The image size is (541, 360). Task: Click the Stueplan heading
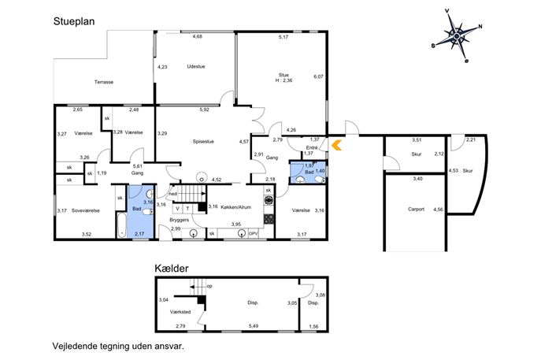[74, 22]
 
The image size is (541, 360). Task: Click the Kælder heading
[172, 269]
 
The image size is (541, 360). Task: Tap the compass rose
[457, 36]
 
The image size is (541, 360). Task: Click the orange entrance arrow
[336, 145]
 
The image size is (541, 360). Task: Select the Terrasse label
[104, 82]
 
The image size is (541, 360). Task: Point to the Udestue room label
[196, 67]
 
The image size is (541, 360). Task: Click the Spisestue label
[203, 142]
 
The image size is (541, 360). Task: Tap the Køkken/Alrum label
[235, 207]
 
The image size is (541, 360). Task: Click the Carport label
[416, 210]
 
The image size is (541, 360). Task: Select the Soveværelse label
[86, 210]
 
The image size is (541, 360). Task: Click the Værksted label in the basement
[180, 312]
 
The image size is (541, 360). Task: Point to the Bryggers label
[179, 220]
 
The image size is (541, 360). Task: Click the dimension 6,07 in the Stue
[318, 76]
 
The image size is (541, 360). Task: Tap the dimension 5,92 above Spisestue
[204, 109]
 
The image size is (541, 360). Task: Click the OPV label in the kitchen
[254, 234]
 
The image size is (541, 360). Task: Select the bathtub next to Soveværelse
[120, 225]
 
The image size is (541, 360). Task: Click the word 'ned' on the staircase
[173, 194]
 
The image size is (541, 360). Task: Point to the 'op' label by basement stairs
[209, 287]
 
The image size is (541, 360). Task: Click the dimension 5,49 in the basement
[254, 326]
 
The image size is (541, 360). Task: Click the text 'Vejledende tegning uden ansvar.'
[118, 346]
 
